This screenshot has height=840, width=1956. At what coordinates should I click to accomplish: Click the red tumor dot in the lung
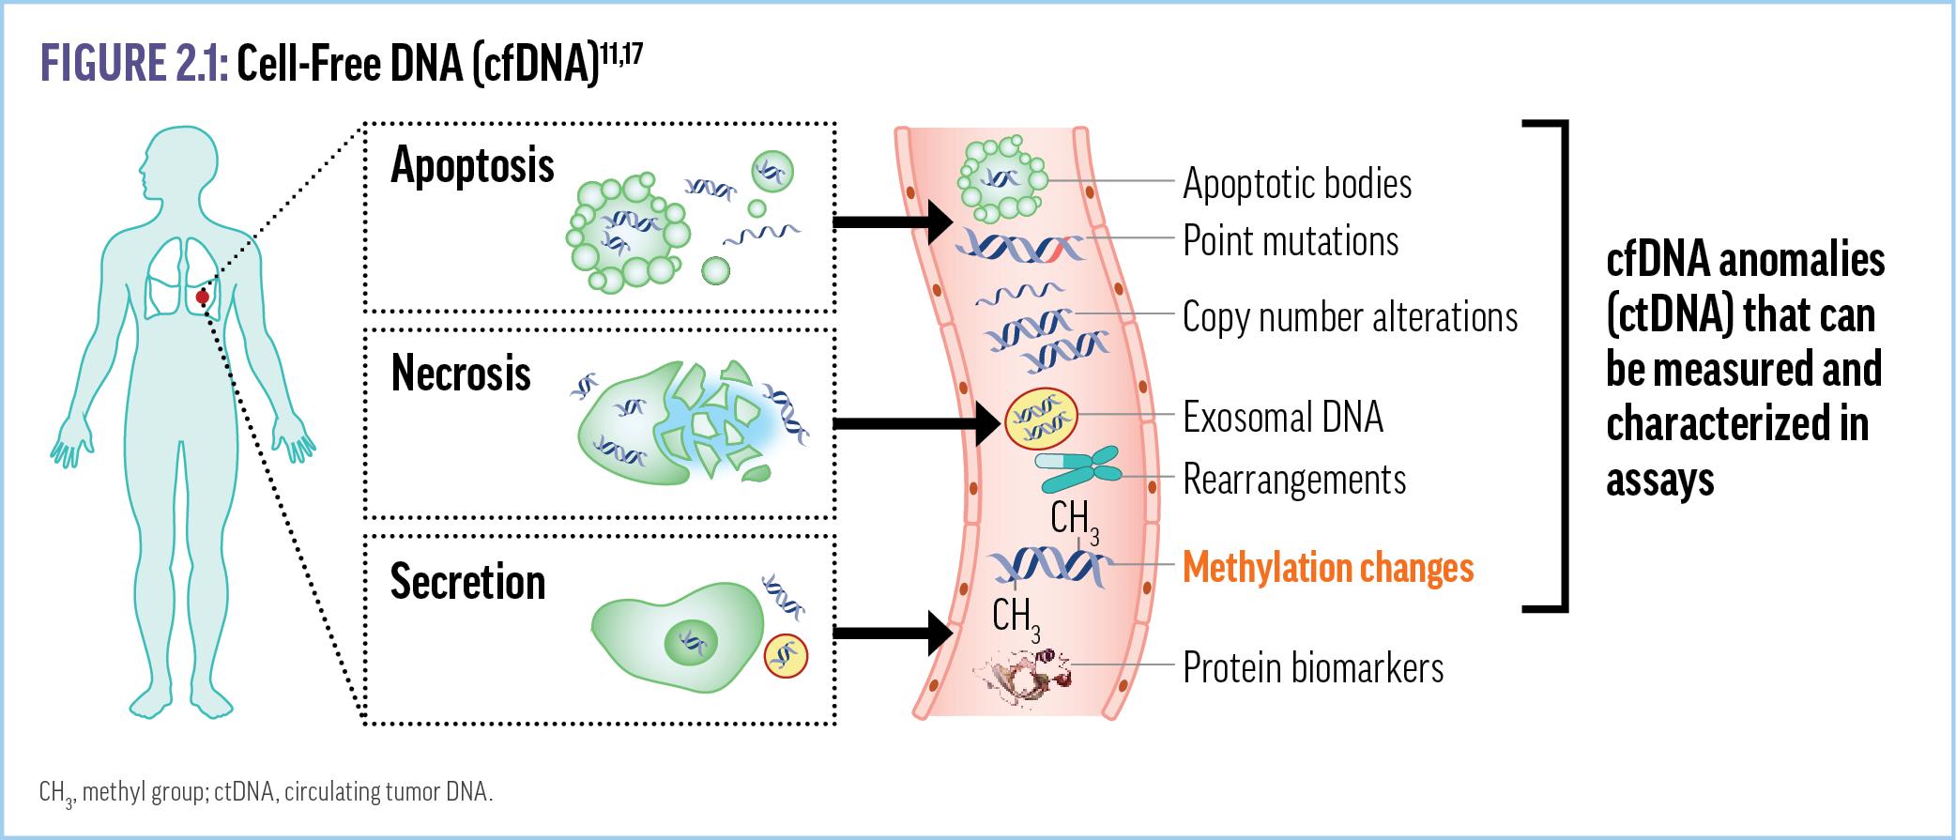click(202, 298)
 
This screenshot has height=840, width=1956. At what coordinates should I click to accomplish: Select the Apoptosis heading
click(472, 167)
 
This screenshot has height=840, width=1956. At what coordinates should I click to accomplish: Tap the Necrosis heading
click(461, 374)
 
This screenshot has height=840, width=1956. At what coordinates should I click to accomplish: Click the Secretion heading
click(467, 583)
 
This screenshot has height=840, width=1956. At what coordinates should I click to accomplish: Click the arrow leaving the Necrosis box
click(915, 424)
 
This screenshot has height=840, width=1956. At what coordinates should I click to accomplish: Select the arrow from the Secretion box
click(892, 633)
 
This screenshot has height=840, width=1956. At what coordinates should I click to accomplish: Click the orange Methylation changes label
click(1328, 569)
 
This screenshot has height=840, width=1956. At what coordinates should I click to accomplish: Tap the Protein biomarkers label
click(1312, 668)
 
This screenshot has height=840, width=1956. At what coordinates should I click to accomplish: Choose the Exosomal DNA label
click(1282, 418)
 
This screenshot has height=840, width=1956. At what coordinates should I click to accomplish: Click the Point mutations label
click(1290, 241)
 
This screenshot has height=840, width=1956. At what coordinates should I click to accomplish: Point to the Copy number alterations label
click(1349, 318)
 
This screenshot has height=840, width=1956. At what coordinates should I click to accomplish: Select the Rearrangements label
click(1293, 480)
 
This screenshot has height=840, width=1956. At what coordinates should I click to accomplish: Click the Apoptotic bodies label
click(1296, 184)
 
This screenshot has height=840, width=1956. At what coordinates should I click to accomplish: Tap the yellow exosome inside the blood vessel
click(1041, 419)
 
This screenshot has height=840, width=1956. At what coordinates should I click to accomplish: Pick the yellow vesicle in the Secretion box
click(786, 655)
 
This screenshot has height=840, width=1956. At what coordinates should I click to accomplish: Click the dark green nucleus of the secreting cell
click(691, 643)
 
